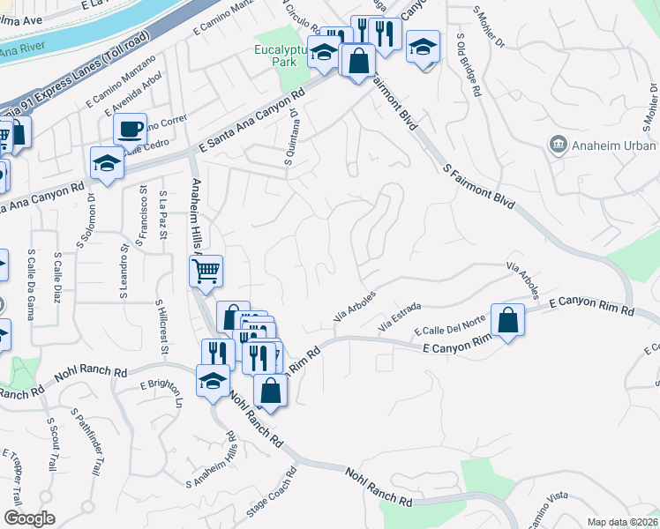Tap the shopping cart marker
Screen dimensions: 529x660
click(x=206, y=271)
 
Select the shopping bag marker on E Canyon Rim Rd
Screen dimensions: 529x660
click(x=508, y=321)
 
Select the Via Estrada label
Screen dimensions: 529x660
click(x=400, y=317)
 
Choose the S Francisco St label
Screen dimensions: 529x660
click(x=142, y=220)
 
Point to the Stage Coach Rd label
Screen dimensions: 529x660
click(x=269, y=505)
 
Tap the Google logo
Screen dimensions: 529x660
click(x=29, y=518)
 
